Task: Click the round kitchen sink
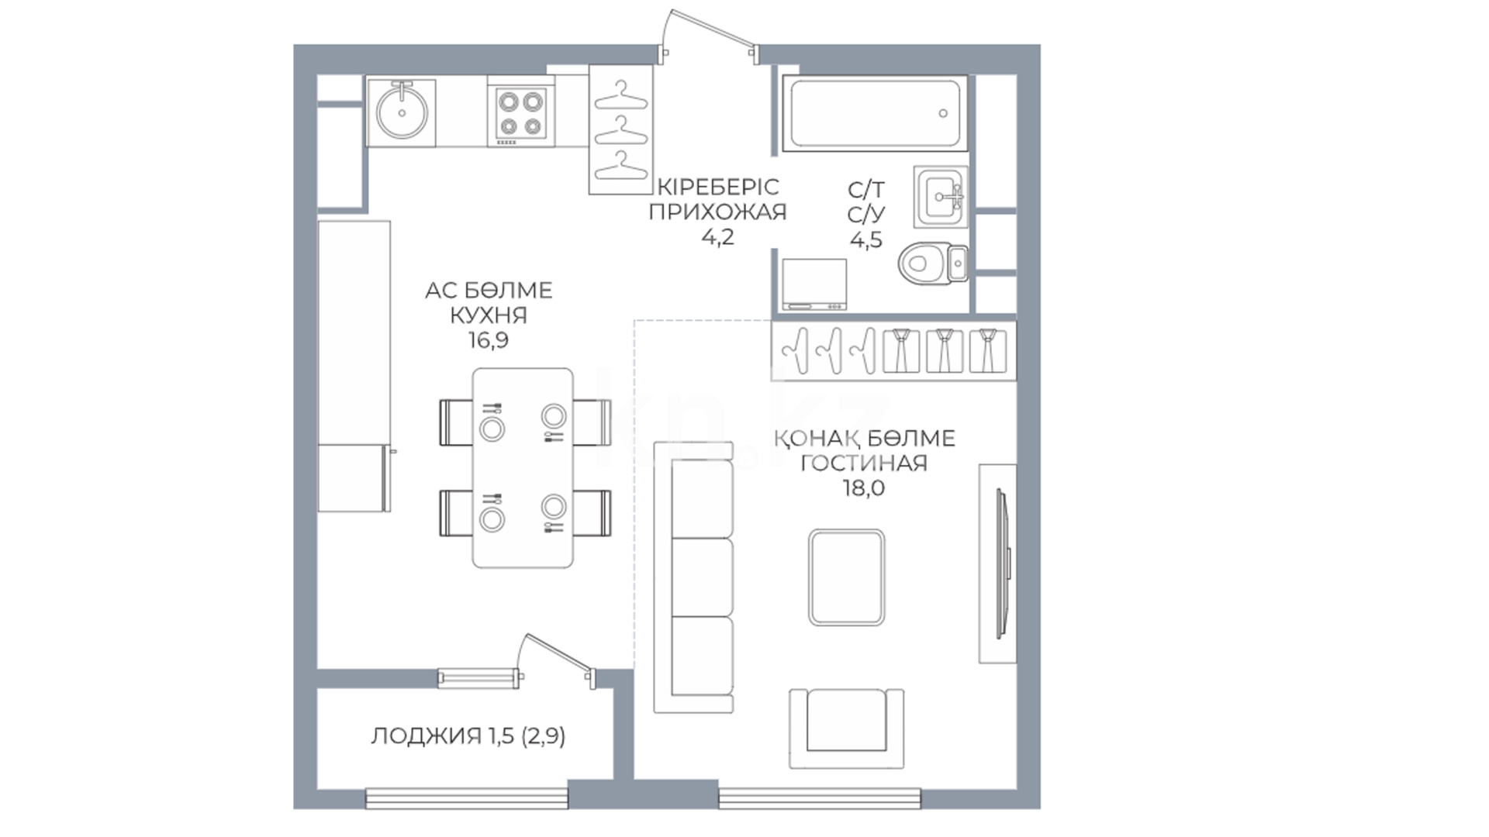click(x=402, y=112)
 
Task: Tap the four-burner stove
click(x=521, y=115)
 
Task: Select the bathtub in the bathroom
click(x=875, y=113)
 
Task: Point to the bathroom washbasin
click(x=941, y=197)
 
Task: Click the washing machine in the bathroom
click(x=814, y=284)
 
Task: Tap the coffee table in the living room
click(x=846, y=577)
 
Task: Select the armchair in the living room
click(x=847, y=728)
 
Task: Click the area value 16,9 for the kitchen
click(x=489, y=340)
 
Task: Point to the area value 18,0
click(x=864, y=488)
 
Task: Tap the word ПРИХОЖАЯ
click(x=717, y=212)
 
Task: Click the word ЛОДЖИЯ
click(x=426, y=736)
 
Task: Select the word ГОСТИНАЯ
click(x=864, y=463)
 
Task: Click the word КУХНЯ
click(x=489, y=315)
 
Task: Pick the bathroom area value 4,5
click(x=866, y=240)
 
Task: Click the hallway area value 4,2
click(x=717, y=237)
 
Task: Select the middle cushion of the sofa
click(x=702, y=577)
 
